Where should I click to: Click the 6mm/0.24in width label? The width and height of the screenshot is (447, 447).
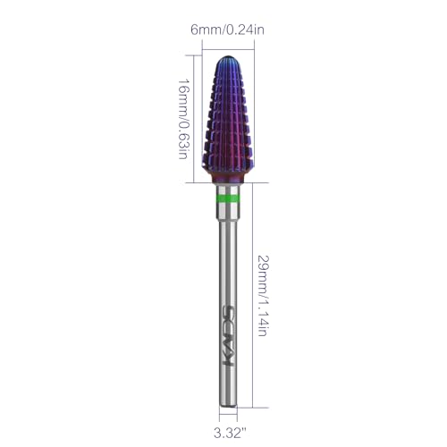pyautogui.click(x=227, y=30)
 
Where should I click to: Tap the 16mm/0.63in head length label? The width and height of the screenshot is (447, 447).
pyautogui.click(x=183, y=119)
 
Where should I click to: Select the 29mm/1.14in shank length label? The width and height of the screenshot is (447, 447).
pyautogui.click(x=263, y=296)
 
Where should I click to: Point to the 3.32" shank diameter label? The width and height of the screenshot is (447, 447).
pyautogui.click(x=230, y=433)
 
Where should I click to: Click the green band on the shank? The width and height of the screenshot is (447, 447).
pyautogui.click(x=227, y=198)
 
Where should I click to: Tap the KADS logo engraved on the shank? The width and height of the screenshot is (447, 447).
pyautogui.click(x=229, y=335)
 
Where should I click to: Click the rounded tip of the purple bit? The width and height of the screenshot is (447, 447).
pyautogui.click(x=228, y=58)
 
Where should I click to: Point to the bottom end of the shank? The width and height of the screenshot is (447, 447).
pyautogui.click(x=228, y=406)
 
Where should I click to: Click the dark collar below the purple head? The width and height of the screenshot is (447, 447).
pyautogui.click(x=228, y=177)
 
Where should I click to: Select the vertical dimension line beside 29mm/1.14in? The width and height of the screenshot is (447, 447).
pyautogui.click(x=253, y=295)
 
